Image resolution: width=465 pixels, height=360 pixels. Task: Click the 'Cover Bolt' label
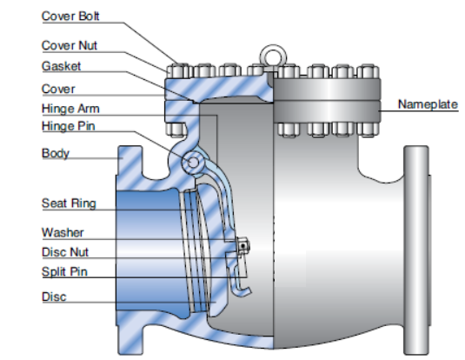click(x=70, y=16)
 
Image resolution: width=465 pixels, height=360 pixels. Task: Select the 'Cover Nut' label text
click(x=70, y=45)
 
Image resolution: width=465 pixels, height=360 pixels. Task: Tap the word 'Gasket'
click(x=61, y=66)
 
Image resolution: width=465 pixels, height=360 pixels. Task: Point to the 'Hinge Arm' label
click(x=70, y=109)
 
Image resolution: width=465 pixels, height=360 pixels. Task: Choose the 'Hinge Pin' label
click(x=69, y=126)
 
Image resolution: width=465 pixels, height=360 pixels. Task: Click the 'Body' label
click(x=56, y=153)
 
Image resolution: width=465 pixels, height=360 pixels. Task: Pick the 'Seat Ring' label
click(x=69, y=203)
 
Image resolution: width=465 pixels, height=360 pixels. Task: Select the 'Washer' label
click(x=63, y=232)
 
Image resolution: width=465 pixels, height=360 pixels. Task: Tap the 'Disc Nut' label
click(x=65, y=252)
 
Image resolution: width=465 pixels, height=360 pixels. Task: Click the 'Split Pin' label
click(x=64, y=271)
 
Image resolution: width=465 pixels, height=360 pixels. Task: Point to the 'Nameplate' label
click(x=428, y=104)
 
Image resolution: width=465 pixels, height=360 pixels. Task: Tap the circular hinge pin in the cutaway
click(x=193, y=163)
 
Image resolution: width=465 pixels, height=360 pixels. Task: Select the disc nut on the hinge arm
click(x=243, y=246)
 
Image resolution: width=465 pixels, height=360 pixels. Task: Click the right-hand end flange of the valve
click(x=417, y=250)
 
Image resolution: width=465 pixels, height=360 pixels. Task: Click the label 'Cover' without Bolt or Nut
click(x=58, y=89)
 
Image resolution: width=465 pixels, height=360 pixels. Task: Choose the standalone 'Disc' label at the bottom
click(x=54, y=297)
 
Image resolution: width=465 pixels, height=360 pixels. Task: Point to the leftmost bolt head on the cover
click(x=178, y=71)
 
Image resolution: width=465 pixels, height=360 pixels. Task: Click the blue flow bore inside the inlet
click(x=149, y=250)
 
